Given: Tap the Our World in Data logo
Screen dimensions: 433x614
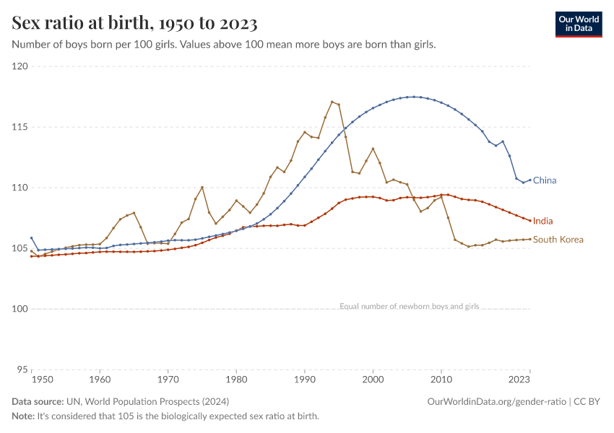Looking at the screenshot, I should [x=579, y=24].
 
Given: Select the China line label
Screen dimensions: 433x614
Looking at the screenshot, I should [x=545, y=180].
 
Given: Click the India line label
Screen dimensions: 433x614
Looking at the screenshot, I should [x=543, y=221].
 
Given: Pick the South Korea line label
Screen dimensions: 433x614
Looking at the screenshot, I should [x=558, y=240].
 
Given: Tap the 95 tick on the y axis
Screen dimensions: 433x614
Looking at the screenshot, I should [x=22, y=369].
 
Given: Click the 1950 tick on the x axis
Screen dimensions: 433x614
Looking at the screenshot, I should [x=42, y=378].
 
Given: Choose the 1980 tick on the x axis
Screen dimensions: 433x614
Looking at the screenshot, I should [x=236, y=378].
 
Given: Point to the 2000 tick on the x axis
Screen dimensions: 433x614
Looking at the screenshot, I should [x=373, y=378].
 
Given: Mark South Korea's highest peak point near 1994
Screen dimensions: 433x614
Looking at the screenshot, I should [x=332, y=102].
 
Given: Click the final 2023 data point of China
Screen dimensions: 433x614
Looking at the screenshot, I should [x=530, y=180].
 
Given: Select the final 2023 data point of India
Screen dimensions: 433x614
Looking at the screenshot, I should [x=530, y=221].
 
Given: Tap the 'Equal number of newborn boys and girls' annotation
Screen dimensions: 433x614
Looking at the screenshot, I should [x=409, y=306].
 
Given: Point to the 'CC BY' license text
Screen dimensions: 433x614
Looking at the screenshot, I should [x=589, y=401].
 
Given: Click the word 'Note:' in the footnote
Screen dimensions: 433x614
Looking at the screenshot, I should [x=23, y=416].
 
